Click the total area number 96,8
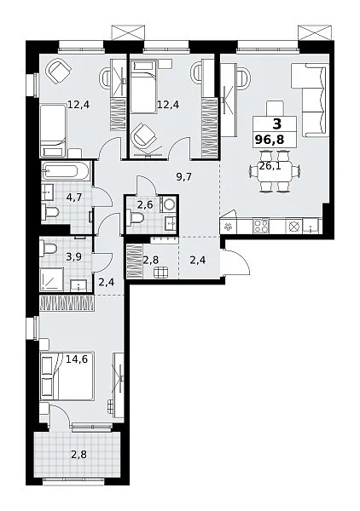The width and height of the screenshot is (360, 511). [270, 140]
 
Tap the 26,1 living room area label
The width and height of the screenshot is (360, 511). [270, 166]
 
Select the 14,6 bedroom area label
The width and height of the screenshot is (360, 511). [77, 359]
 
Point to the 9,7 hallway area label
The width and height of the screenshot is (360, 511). [183, 177]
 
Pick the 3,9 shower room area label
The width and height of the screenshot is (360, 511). [73, 256]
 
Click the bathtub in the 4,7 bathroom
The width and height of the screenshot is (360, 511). [65, 171]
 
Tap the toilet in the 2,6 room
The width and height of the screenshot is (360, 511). [136, 216]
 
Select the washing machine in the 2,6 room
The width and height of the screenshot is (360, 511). [168, 204]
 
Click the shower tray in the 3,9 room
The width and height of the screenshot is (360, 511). [52, 279]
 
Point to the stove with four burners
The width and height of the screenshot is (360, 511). [261, 226]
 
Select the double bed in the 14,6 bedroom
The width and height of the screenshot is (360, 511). [67, 376]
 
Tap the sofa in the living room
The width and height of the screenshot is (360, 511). [310, 100]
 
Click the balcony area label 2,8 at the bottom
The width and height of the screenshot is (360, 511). [79, 454]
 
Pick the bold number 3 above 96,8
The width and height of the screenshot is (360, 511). [276, 124]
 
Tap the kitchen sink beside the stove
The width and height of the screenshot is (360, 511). [311, 226]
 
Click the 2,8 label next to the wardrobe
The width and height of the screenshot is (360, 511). [151, 260]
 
